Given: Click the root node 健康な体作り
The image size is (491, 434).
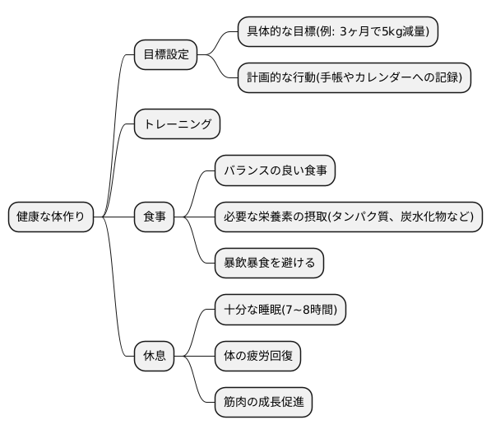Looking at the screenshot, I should (x=50, y=217).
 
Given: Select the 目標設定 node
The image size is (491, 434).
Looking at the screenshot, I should (x=165, y=55).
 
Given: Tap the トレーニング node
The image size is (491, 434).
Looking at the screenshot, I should (x=177, y=125).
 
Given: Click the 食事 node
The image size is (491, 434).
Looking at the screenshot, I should (x=154, y=217).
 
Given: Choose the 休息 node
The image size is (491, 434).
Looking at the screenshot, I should (x=154, y=356).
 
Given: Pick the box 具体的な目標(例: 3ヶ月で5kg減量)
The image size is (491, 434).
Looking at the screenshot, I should (x=337, y=32).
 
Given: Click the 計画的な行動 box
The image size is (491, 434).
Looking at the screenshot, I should (x=354, y=78).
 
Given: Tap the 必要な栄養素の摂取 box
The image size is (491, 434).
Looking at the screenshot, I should (x=348, y=217).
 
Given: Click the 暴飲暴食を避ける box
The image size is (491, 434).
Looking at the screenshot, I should (x=268, y=264).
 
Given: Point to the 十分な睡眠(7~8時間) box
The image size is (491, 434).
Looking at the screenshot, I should (x=280, y=310).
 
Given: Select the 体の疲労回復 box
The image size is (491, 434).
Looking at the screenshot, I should (x=257, y=356).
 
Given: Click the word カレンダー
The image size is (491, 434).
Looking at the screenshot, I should (x=398, y=78).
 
